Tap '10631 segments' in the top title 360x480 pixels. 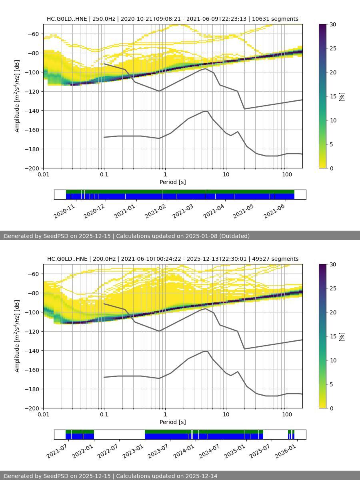coord(275,19)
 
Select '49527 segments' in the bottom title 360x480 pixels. coord(275,259)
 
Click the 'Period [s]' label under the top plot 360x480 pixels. coord(172,182)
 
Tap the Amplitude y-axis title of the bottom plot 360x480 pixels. coord(17,336)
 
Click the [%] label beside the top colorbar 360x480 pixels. coord(342,96)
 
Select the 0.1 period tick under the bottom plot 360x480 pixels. coord(104,414)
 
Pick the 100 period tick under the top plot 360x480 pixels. coord(286,174)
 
